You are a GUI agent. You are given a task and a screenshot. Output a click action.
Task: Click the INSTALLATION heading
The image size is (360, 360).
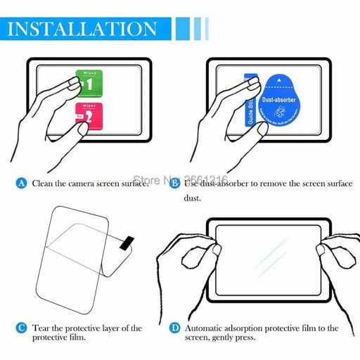coord(83,29)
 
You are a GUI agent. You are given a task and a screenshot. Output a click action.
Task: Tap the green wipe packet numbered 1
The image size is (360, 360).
coord(89,84)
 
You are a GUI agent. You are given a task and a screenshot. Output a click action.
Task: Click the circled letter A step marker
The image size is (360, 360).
coord(22,183)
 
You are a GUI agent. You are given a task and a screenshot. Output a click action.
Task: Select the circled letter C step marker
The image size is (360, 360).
coord(22,328)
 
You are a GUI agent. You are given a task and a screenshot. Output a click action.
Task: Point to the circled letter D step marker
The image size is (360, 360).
coord(174,328)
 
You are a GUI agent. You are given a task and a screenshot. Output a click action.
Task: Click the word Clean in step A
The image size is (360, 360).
coord(44,183)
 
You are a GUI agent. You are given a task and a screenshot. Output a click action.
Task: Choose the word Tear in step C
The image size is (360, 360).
coord(41,328)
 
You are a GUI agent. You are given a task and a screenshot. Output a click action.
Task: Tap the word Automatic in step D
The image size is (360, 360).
coord(206,328)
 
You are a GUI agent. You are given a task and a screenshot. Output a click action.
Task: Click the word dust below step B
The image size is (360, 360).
coord(193,198)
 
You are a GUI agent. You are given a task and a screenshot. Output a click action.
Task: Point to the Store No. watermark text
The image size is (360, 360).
coord(180,181)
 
